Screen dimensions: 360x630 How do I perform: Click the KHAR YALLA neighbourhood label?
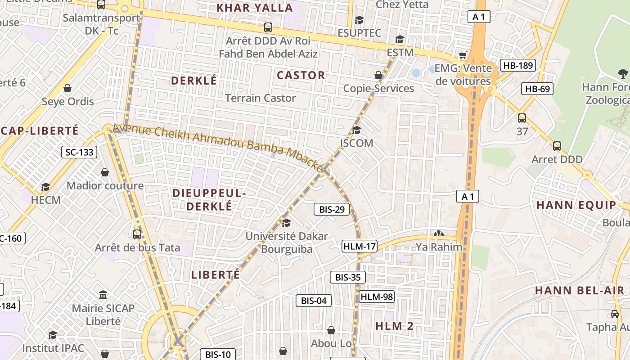255,8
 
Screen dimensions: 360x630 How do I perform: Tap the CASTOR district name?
301,75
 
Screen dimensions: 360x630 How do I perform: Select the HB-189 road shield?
518,65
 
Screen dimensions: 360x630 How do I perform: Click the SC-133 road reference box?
79,152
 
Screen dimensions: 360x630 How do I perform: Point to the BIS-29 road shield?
331,209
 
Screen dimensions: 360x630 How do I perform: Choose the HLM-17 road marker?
359,246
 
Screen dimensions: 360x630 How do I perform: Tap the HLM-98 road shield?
377,297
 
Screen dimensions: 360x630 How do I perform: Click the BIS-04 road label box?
313,301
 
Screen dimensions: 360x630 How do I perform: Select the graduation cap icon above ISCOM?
356,130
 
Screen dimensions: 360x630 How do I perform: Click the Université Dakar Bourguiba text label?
287,243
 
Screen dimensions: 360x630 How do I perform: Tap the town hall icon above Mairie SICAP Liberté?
103,295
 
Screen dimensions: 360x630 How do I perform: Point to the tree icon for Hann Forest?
623,73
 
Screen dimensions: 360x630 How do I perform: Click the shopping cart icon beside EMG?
463,55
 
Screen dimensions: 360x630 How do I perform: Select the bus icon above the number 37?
522,118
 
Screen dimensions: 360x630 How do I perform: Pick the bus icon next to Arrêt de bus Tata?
137,234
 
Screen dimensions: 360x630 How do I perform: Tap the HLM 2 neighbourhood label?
394,326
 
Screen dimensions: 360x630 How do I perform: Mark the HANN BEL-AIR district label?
580,291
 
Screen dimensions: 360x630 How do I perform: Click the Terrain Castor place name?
260,98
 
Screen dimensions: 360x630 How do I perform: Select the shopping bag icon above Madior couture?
105,172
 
